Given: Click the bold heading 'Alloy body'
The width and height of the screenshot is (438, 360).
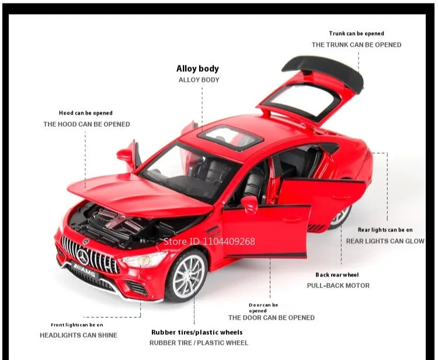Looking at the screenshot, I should coord(197,69).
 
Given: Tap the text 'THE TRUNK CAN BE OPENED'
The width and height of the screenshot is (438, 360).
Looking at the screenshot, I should coord(356,44).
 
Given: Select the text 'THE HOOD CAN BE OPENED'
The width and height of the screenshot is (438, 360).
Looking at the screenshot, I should coord(86,124).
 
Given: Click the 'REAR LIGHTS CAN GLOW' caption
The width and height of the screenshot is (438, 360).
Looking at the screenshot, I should coord(385,241).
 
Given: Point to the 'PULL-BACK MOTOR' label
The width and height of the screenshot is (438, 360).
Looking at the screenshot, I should coord(338,286).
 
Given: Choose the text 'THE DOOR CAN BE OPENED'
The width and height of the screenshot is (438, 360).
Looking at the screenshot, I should coord(271,317).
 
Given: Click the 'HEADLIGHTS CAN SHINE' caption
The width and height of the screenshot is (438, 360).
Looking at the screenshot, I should coord(78,335).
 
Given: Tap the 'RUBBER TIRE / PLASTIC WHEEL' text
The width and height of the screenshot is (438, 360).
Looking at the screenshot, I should coord(199,342).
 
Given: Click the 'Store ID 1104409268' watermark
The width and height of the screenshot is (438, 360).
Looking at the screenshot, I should coord(208,241).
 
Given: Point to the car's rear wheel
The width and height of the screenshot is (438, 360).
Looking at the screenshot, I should coord(340,217).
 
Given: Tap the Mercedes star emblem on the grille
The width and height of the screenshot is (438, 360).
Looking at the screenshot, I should coord(84,255).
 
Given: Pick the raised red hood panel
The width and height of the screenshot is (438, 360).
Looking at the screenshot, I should coord(134,192).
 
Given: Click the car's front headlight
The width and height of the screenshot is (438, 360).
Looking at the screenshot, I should coord(144,258).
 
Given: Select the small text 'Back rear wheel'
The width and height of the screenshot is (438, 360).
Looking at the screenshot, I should coord(337,275).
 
